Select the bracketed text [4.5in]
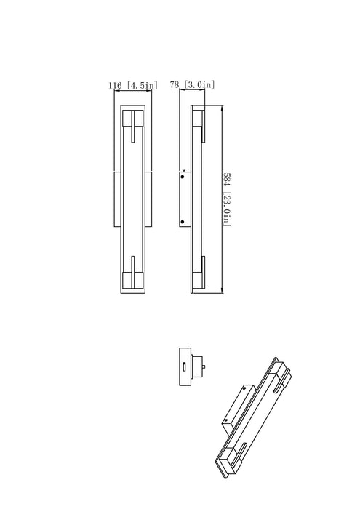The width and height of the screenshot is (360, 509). tap(142, 86)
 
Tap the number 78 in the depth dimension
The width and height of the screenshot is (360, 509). tap(174, 86)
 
